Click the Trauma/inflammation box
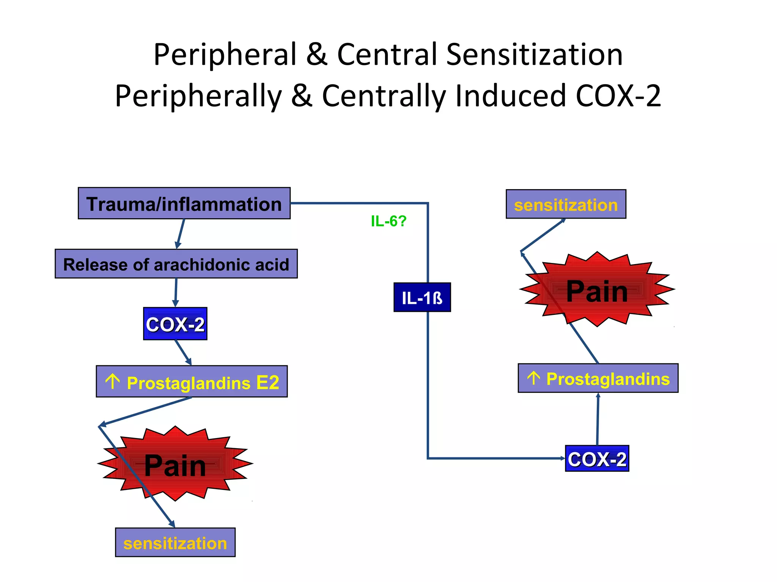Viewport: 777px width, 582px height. click(x=184, y=203)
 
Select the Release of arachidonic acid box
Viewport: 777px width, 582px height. click(x=176, y=264)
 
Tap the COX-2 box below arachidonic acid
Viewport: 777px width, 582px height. click(x=175, y=324)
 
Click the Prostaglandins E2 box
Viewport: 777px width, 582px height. click(x=192, y=382)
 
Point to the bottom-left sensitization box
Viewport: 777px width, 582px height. click(x=175, y=543)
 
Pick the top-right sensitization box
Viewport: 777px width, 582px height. click(x=566, y=204)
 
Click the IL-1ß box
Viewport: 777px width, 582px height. click(x=422, y=297)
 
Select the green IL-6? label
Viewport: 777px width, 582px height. click(x=388, y=221)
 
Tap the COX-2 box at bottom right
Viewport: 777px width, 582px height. click(x=597, y=458)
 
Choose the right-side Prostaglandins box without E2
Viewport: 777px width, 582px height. click(x=598, y=378)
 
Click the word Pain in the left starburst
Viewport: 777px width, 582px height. click(x=175, y=465)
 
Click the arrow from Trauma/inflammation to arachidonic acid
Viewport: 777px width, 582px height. click(x=180, y=234)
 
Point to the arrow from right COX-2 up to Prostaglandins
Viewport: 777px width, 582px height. click(x=598, y=419)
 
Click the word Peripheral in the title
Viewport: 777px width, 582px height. click(x=225, y=54)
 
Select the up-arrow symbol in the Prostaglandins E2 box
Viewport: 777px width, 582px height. click(x=113, y=381)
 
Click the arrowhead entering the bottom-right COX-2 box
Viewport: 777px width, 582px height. click(x=563, y=458)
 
